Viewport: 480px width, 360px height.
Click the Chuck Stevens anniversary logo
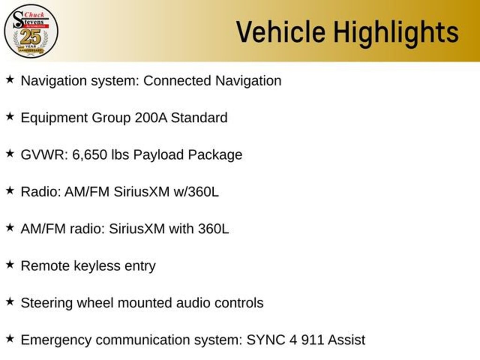(x=31, y=31)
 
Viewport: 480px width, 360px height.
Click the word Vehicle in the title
(x=281, y=32)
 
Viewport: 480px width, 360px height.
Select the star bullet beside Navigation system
(x=10, y=80)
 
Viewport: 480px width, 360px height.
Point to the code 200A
(x=151, y=118)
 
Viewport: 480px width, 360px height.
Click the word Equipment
(x=54, y=118)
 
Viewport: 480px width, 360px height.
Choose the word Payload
(x=158, y=155)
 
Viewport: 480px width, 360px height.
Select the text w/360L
(x=196, y=192)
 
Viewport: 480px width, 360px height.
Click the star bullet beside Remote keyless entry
(x=10, y=265)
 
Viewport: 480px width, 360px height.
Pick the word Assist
(x=346, y=340)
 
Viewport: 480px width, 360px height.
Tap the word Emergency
(x=56, y=340)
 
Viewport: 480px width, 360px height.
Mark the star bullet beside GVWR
(x=10, y=154)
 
